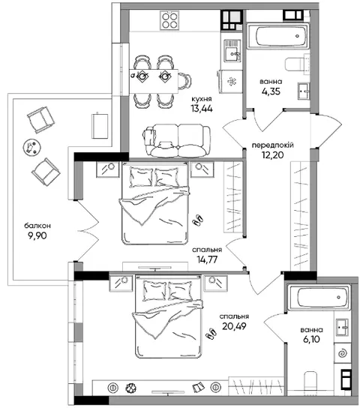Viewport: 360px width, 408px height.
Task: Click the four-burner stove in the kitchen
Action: point(169,20)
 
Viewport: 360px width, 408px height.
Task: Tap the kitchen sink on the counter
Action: point(232,51)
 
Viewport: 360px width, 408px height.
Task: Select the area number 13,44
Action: point(202,109)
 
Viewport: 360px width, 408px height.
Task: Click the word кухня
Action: point(202,99)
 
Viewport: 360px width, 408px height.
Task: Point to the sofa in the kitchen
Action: point(177,140)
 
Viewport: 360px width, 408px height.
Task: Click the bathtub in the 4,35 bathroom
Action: point(277,36)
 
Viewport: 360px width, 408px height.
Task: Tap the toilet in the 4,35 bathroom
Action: point(296,64)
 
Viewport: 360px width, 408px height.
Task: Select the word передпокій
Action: point(272,145)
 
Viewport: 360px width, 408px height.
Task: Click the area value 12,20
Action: point(272,155)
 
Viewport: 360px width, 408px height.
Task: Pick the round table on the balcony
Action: point(31,148)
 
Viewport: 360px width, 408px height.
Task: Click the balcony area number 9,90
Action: point(37,235)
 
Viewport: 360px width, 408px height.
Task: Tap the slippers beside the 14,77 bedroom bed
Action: point(198,220)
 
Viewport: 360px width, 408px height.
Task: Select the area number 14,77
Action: point(207,259)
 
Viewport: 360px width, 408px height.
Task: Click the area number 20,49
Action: point(234,326)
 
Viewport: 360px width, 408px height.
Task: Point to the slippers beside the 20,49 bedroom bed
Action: point(211,334)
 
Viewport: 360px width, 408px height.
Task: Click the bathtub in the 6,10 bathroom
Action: point(319,298)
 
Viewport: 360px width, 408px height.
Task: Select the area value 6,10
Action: point(311,339)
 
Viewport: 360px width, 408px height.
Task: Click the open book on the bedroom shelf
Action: point(199,387)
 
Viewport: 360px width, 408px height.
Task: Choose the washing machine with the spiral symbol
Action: point(342,353)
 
